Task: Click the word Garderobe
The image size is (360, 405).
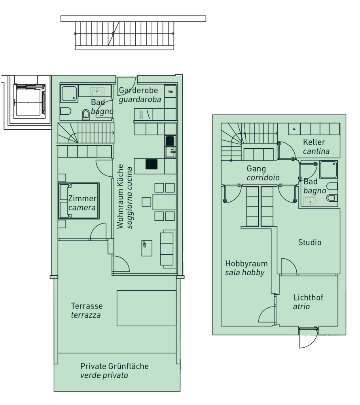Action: pyautogui.click(x=138, y=90)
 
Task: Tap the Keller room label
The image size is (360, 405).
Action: pyautogui.click(x=314, y=142)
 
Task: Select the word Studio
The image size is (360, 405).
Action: pyautogui.click(x=310, y=242)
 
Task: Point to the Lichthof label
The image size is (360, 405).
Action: pyautogui.click(x=308, y=297)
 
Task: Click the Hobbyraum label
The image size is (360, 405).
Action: pyautogui.click(x=246, y=263)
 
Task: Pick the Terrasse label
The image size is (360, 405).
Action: pyautogui.click(x=87, y=306)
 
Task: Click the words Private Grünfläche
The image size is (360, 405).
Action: pyautogui.click(x=114, y=366)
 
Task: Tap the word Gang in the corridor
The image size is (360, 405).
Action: pyautogui.click(x=256, y=168)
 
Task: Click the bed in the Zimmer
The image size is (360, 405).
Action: pyautogui.click(x=79, y=201)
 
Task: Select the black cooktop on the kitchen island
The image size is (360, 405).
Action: pyautogui.click(x=152, y=164)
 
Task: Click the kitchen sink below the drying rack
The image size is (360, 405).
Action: pyautogui.click(x=171, y=152)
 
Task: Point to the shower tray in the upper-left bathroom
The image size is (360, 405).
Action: pyautogui.click(x=69, y=93)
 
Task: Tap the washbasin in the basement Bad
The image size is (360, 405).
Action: pyautogui.click(x=310, y=201)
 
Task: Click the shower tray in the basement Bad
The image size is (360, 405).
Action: pyautogui.click(x=328, y=169)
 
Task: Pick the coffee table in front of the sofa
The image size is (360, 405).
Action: pyautogui.click(x=147, y=248)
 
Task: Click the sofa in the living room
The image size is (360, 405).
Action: pyautogui.click(x=168, y=248)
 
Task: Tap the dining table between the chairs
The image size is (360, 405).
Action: pyautogui.click(x=164, y=202)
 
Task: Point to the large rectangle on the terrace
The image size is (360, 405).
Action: pyautogui.click(x=146, y=308)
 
